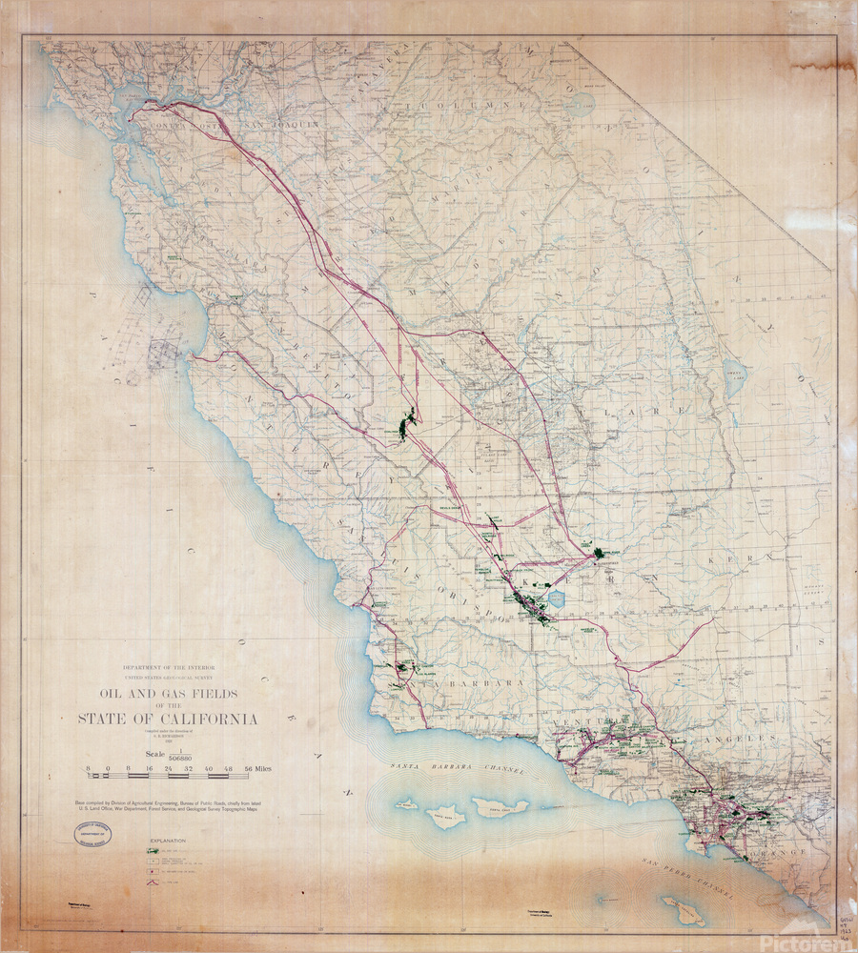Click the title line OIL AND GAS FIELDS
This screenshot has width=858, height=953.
point(168,693)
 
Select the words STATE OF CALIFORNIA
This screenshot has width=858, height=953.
point(168,719)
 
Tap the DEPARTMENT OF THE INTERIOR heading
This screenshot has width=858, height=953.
point(168,668)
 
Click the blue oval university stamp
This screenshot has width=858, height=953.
point(92,835)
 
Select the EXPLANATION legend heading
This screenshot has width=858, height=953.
point(168,841)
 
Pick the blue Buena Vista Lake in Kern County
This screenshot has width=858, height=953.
point(557,599)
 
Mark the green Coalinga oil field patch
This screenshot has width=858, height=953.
point(406,425)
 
